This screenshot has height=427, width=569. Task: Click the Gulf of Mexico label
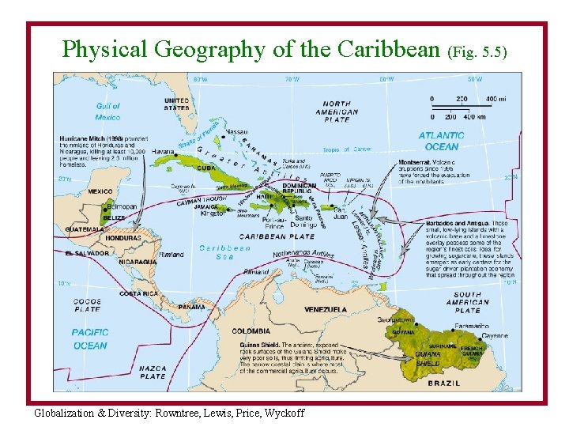[108, 111]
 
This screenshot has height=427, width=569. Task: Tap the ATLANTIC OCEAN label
[441, 141]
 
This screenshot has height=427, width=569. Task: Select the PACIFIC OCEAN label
[89, 339]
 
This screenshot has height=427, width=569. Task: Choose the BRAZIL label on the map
[443, 383]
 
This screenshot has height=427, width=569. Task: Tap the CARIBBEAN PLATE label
[277, 236]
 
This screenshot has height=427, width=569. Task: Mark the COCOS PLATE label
[87, 305]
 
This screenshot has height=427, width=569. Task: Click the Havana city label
[163, 151]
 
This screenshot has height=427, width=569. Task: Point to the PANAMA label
[192, 307]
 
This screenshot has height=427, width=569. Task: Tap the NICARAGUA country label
[138, 261]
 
